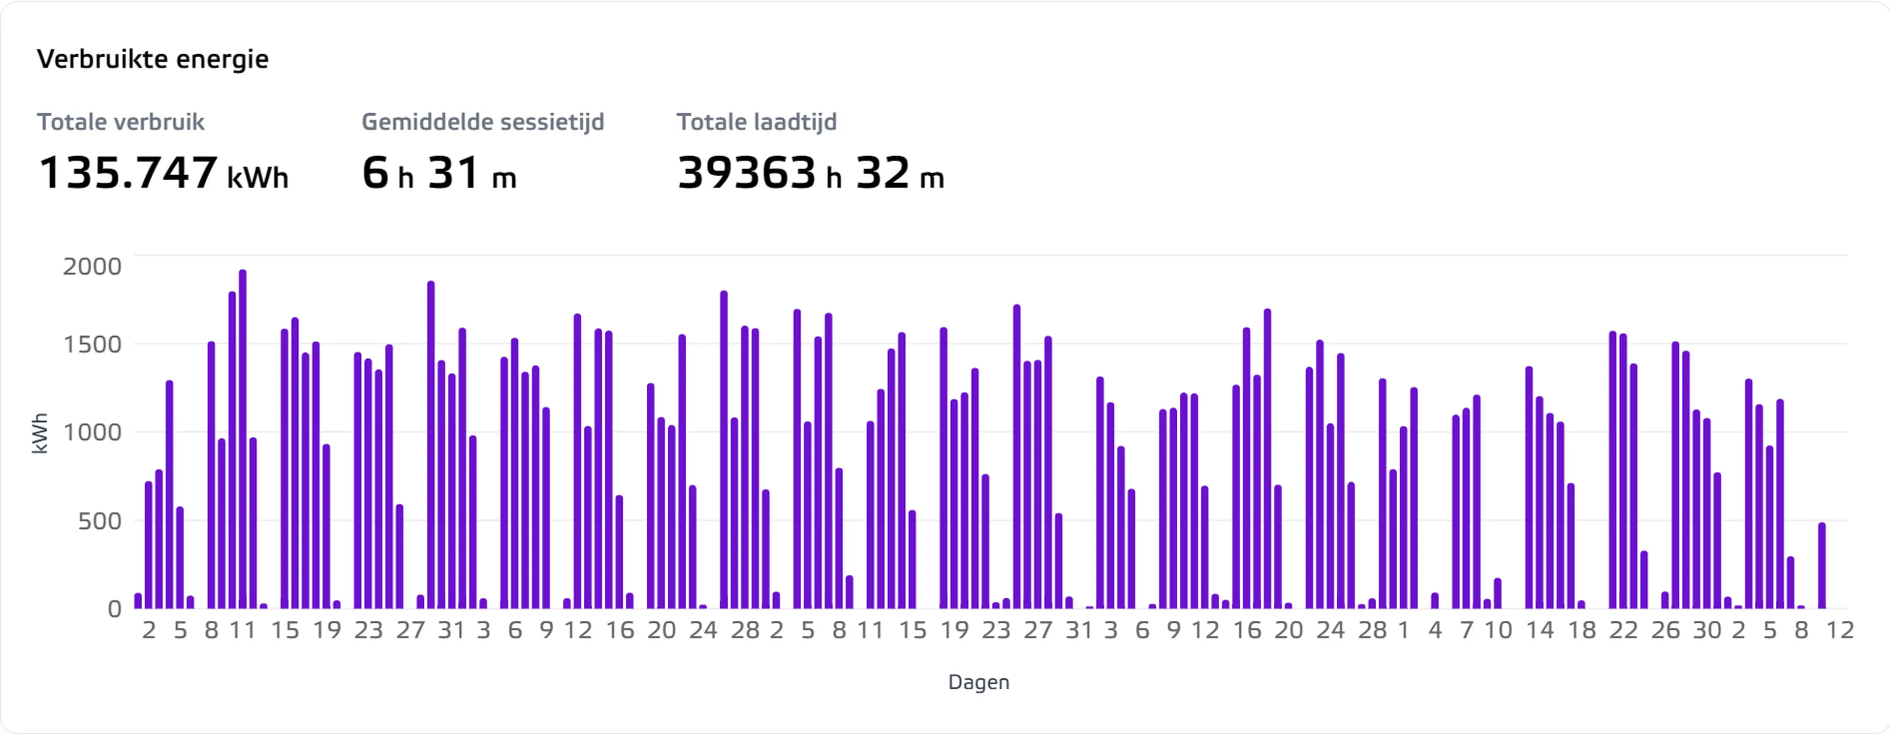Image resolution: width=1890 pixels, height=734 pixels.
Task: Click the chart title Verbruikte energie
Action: pos(153,59)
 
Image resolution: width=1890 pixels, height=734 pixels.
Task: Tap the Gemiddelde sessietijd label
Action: pos(483,122)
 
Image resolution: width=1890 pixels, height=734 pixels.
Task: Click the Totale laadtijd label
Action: pos(756,122)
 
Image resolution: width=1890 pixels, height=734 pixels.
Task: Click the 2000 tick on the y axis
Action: pos(92,266)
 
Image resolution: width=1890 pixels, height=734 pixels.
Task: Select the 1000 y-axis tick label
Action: pos(92,432)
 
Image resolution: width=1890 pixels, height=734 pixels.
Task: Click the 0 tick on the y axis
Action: pos(115,608)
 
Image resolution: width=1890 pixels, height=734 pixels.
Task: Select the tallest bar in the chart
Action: pos(243,439)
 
